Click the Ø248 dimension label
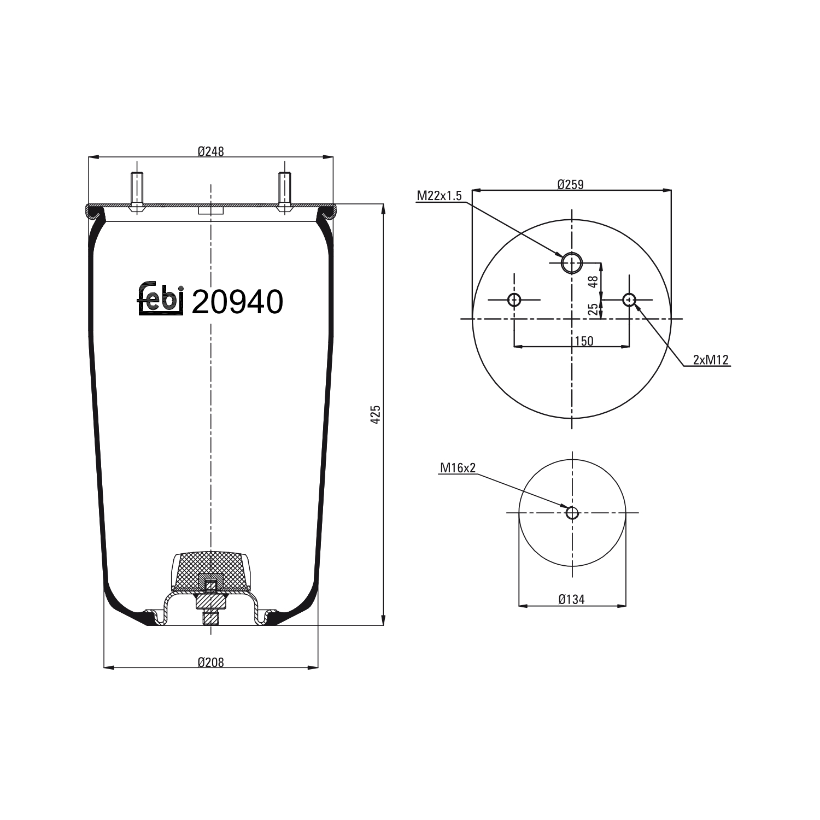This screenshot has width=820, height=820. [210, 151]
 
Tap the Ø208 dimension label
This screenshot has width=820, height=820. [210, 662]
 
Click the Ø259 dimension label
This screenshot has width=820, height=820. [570, 185]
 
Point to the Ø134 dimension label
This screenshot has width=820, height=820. [571, 600]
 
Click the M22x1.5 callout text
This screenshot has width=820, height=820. [439, 196]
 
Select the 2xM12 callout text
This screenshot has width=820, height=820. [710, 359]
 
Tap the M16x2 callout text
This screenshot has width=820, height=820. [458, 467]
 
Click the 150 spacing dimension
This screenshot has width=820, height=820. [583, 341]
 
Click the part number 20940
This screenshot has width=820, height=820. [237, 302]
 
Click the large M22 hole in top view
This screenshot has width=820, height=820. [572, 263]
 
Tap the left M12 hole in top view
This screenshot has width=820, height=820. [514, 300]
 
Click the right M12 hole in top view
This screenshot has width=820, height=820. [629, 300]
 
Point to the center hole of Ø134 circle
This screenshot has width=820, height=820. [572, 513]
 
